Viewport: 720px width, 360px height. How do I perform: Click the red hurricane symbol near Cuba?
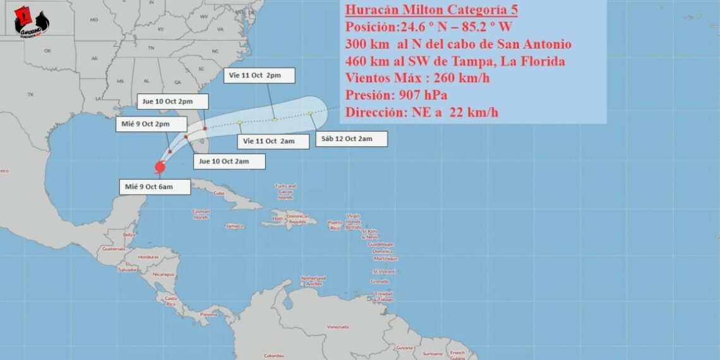pos(159,167)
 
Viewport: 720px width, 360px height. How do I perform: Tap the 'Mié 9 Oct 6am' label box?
pos(155,186)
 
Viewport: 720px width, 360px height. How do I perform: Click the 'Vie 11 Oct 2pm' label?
pos(261,75)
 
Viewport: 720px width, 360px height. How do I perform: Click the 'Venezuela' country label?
pos(338,327)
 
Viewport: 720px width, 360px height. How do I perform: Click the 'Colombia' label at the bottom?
pos(273,355)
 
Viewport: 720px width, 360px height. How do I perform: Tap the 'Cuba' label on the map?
pos(219,193)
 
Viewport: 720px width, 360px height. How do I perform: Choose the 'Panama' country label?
pos(208,314)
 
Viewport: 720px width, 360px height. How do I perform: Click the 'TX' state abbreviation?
pos(30,95)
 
